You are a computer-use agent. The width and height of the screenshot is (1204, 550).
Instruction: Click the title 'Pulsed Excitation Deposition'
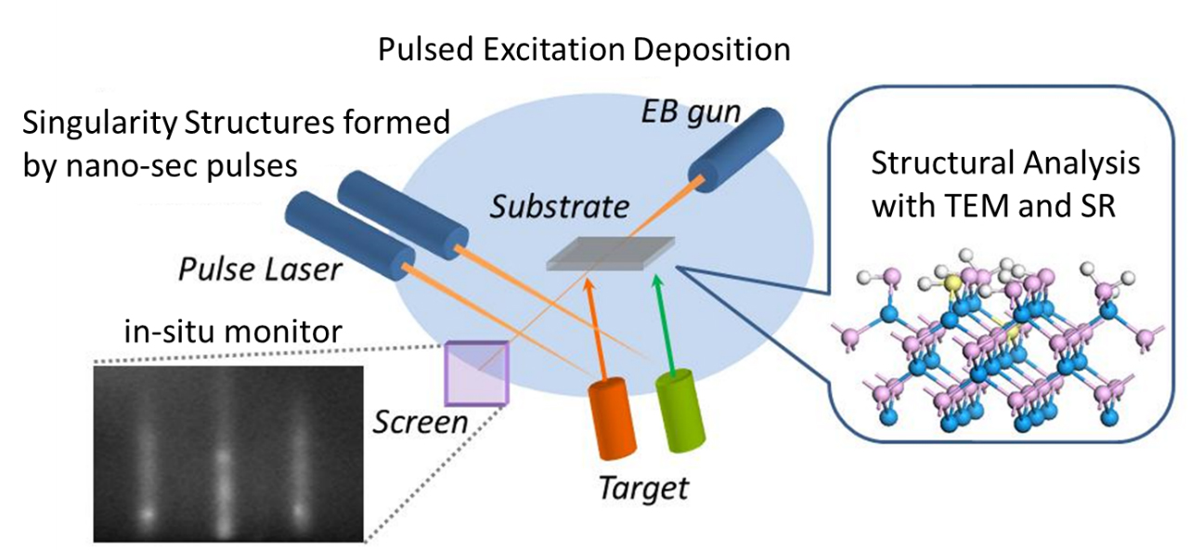584,48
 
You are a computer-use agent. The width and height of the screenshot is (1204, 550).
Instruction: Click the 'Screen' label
419,422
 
